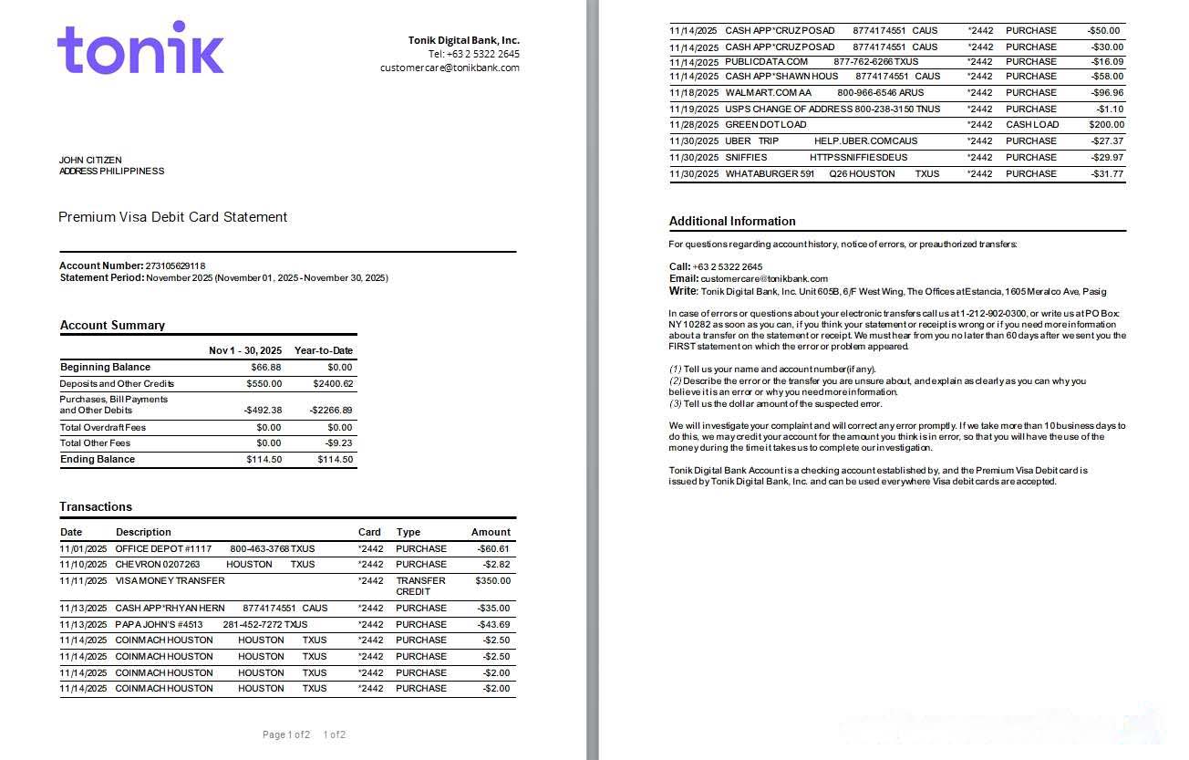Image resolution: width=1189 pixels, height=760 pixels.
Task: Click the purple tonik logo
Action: coord(140,48)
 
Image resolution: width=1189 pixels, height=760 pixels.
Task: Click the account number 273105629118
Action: coord(175,265)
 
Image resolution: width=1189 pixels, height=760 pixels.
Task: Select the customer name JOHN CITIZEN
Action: coord(90,161)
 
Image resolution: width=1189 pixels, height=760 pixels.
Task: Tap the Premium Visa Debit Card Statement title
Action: coord(172,217)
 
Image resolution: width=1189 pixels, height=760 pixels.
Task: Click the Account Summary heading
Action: coord(112,326)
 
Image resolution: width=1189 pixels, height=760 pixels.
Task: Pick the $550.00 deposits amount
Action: coord(264,384)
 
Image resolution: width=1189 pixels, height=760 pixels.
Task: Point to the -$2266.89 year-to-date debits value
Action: coord(331,411)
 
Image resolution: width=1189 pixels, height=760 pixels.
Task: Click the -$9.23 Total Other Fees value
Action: coord(339,443)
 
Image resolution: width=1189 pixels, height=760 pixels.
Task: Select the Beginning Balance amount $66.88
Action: coord(266,368)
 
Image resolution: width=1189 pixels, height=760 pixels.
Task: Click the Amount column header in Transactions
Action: coord(491,532)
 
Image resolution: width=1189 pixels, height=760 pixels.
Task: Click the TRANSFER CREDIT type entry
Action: coord(420,586)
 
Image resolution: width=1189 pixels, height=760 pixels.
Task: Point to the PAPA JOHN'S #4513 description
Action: coord(159,625)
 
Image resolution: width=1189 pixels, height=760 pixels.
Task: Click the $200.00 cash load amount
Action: coord(1106,125)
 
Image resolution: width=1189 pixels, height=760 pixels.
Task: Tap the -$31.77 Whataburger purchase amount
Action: coord(1107,174)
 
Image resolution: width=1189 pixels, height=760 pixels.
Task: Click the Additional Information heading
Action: coord(732,221)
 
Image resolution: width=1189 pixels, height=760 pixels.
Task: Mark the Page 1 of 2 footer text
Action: coord(286,734)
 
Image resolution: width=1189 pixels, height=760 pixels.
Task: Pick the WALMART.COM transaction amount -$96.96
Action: coord(1107,93)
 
